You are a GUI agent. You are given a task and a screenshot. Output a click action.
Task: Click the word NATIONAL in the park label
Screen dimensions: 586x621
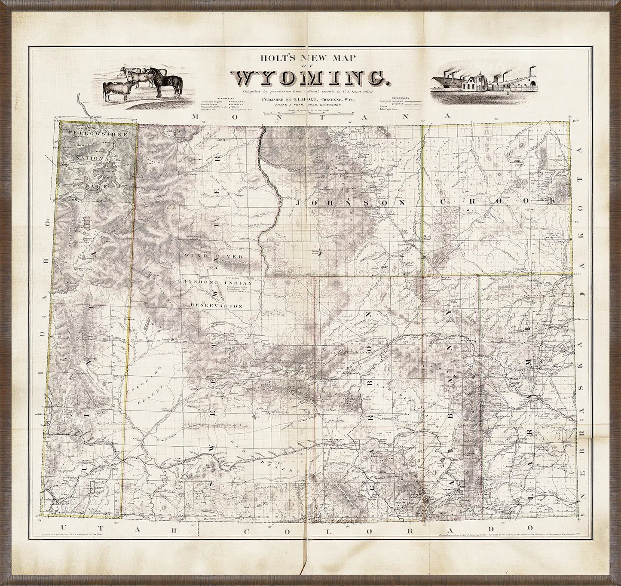[x=96, y=158]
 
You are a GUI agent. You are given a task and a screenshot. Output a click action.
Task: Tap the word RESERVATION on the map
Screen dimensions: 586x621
[x=217, y=306]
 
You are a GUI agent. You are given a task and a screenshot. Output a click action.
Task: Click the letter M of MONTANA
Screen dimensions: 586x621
[x=196, y=117]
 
